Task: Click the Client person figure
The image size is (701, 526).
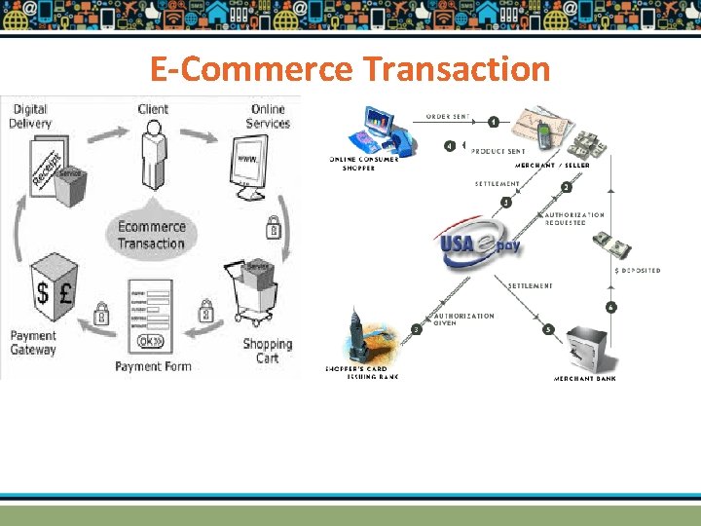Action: pos(153,156)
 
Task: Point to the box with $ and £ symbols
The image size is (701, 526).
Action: pos(54,287)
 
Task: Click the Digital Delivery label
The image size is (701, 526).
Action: pos(30,116)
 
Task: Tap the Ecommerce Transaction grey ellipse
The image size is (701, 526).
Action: pos(151,235)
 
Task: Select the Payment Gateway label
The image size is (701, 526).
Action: pos(33,343)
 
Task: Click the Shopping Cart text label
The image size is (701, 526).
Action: pos(267,351)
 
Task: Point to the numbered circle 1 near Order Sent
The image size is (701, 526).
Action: pos(494,122)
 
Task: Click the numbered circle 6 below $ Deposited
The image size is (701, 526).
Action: pos(610,308)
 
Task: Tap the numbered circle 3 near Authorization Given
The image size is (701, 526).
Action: pos(417,329)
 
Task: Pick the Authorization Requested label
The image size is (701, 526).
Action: pos(574,218)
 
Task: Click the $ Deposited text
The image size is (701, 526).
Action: pos(637,270)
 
